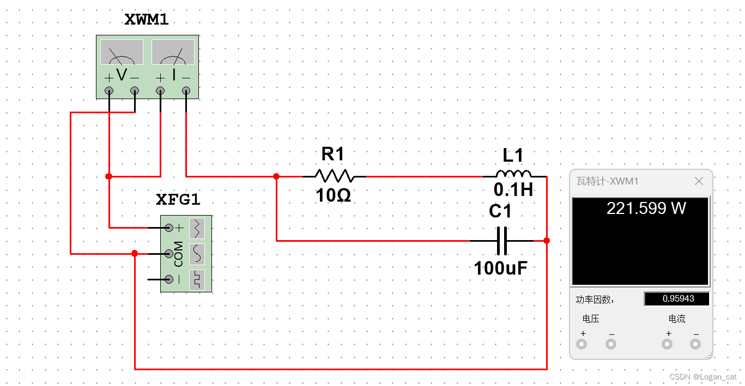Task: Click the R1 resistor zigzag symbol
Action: point(334,176)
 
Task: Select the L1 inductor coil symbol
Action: point(513,174)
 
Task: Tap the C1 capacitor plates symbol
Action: point(502,240)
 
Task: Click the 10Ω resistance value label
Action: point(333,195)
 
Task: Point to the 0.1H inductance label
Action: point(513,189)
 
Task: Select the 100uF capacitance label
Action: point(501,268)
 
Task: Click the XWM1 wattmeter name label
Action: point(147,20)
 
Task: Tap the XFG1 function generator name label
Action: point(178,200)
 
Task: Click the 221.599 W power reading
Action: point(646,208)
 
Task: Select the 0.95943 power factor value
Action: point(678,299)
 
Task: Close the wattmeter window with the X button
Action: point(699,181)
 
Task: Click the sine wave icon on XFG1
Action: point(197,253)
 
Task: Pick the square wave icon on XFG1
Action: point(197,279)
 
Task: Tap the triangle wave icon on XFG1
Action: point(197,228)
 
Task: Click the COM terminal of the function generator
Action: point(168,253)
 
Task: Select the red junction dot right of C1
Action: point(547,240)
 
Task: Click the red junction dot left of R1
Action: point(276,176)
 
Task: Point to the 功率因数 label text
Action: point(595,299)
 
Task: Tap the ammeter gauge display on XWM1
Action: point(173,52)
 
